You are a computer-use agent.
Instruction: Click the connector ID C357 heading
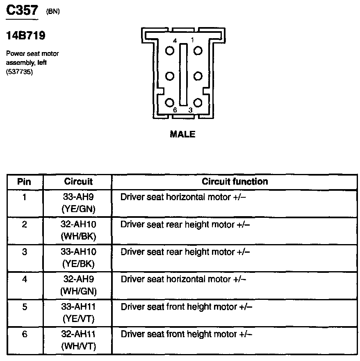point(23,11)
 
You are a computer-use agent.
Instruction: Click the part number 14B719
point(25,36)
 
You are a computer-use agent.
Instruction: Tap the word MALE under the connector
point(182,134)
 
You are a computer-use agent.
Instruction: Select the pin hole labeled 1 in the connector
point(198,50)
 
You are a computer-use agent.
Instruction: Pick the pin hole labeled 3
point(198,103)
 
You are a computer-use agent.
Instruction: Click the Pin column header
point(24,182)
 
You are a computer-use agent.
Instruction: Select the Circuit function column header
point(235,181)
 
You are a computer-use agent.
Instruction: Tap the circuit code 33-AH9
point(78,197)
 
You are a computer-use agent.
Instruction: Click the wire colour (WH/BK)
point(78,237)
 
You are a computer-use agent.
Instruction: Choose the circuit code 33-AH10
point(78,251)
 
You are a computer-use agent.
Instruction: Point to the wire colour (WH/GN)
point(78,291)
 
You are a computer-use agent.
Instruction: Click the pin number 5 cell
point(24,306)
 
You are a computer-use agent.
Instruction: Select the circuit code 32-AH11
point(78,334)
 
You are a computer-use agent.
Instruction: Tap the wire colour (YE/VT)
point(78,318)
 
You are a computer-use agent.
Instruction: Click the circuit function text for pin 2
point(185,225)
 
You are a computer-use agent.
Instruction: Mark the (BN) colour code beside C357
point(53,11)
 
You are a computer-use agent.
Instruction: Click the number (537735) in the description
point(20,72)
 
